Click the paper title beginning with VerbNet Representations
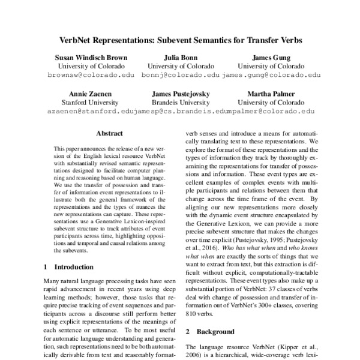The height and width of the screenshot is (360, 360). [181, 41]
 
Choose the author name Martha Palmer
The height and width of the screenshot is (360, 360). [262, 93]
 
